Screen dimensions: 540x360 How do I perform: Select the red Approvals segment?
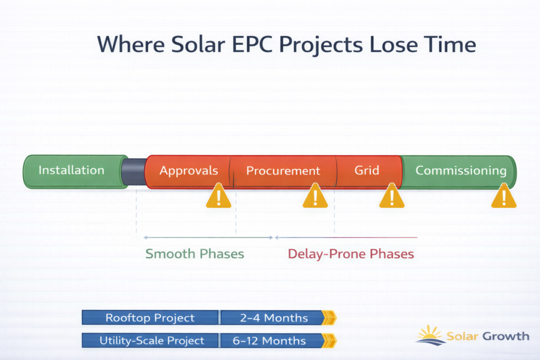(188, 171)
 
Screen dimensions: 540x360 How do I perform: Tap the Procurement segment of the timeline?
(283, 171)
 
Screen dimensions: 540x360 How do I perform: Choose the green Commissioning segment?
(459, 171)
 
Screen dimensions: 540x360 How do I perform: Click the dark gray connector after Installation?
(134, 172)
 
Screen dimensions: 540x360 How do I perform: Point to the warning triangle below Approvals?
(218, 196)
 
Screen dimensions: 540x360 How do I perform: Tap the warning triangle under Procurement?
(315, 196)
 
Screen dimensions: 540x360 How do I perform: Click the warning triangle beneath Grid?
(392, 196)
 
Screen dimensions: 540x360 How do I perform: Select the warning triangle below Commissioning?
(504, 196)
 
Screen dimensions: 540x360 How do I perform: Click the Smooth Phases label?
(195, 254)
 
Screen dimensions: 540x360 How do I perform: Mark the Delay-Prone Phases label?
(351, 254)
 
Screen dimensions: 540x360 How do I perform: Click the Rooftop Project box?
(150, 317)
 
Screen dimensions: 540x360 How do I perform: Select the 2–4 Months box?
(272, 317)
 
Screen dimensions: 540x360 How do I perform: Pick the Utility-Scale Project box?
(150, 340)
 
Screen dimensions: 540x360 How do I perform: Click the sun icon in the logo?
(430, 335)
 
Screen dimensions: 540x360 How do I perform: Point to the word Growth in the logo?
(506, 336)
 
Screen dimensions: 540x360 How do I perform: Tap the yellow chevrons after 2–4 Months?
(330, 317)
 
